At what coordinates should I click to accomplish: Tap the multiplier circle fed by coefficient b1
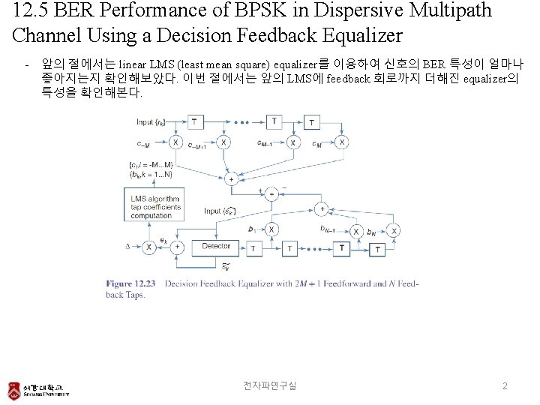click(272, 229)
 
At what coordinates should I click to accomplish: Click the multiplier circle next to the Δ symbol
click(148, 246)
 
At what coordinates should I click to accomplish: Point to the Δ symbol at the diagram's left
click(128, 246)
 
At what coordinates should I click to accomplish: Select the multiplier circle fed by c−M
click(175, 142)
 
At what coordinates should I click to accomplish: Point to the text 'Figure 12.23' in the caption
click(130, 284)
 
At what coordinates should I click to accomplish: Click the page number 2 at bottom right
click(505, 385)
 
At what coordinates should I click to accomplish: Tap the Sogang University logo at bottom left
click(37, 389)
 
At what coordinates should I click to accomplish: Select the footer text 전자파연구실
click(269, 385)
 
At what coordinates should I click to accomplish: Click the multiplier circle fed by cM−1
click(292, 142)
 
